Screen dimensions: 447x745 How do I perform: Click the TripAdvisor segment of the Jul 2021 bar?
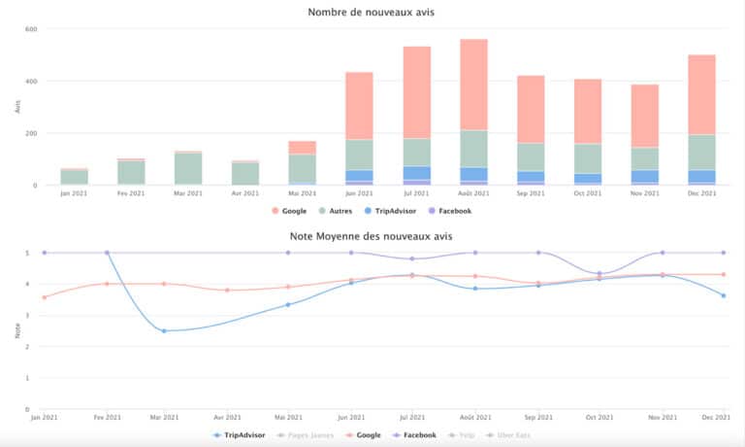pos(417,173)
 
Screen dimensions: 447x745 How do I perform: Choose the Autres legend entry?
pos(339,210)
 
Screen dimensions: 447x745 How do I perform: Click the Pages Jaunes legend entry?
pos(304,435)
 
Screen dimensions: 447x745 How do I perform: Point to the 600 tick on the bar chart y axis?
pos(31,29)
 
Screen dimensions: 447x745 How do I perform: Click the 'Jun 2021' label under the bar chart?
pos(360,193)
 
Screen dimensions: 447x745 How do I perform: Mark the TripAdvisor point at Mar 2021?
pos(164,331)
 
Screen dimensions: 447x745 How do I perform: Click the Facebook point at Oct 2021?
pos(599,274)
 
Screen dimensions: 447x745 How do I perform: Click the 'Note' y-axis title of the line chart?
pos(17,330)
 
